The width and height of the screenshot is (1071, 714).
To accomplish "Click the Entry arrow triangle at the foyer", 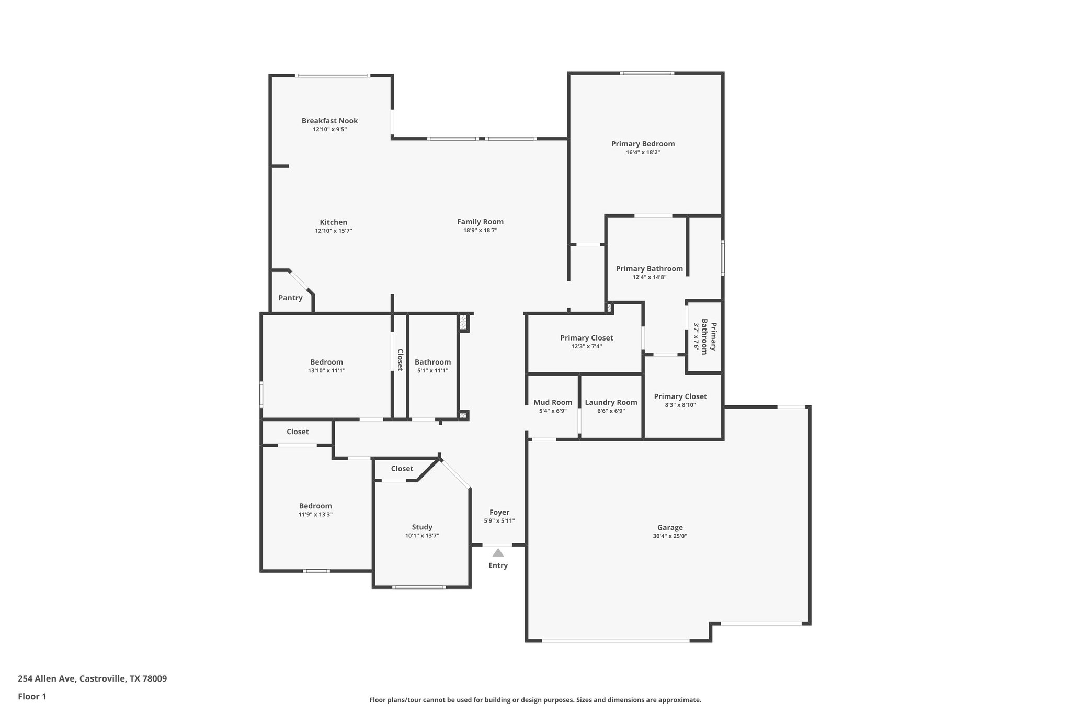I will click(x=498, y=553).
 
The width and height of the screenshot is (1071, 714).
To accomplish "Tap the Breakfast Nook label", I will click(x=329, y=121).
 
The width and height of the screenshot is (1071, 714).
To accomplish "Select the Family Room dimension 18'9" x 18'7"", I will click(x=480, y=231).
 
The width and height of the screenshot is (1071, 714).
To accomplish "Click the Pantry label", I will click(x=290, y=298).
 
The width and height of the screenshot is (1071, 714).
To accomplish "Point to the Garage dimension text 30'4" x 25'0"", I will click(x=670, y=536).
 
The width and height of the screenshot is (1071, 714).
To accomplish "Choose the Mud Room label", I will click(x=553, y=402).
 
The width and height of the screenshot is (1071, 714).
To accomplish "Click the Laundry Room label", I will click(x=611, y=402).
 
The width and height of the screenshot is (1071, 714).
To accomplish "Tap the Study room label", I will click(x=422, y=527).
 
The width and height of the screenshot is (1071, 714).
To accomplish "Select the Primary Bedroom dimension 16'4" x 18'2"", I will click(x=643, y=153).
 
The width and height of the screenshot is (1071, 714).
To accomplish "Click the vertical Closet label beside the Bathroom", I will click(x=400, y=360).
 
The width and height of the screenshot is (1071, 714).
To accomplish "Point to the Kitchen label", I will click(x=333, y=222).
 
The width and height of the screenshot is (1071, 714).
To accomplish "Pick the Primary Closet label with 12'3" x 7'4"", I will click(x=586, y=338).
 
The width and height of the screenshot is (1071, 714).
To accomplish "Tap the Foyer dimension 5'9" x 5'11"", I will click(x=499, y=521).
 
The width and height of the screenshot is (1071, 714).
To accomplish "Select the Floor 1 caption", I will click(x=32, y=697).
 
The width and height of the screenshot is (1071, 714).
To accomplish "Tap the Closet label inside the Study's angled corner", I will click(x=402, y=469).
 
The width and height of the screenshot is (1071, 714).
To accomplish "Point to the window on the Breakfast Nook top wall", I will click(x=332, y=76).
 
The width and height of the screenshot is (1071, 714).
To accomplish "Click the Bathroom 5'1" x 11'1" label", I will click(x=432, y=362).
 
